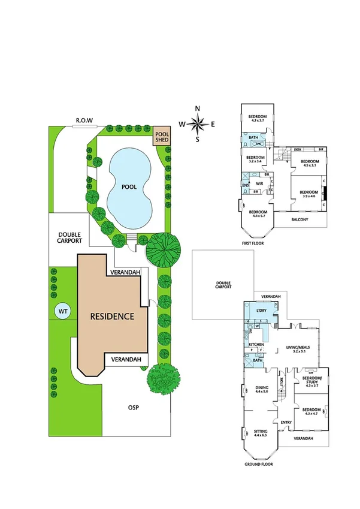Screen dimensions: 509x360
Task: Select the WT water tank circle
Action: pyautogui.click(x=62, y=311)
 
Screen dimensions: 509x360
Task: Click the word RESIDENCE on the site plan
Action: pyautogui.click(x=112, y=316)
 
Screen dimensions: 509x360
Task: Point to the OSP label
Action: pyautogui.click(x=134, y=408)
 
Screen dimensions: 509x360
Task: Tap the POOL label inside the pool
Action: pyautogui.click(x=129, y=187)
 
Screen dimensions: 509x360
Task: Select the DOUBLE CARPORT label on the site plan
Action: pyautogui.click(x=69, y=237)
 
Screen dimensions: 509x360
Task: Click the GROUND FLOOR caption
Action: pyautogui.click(x=259, y=465)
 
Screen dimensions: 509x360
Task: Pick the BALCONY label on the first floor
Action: pyautogui.click(x=300, y=219)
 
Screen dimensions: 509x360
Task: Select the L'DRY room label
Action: pyautogui.click(x=261, y=310)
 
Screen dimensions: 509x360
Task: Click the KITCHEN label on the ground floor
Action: pyautogui.click(x=256, y=345)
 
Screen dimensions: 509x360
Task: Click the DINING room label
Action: pyautogui.click(x=261, y=387)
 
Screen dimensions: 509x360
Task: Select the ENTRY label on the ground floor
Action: pyautogui.click(x=286, y=423)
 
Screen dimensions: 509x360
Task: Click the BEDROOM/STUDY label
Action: pyautogui.click(x=310, y=380)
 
